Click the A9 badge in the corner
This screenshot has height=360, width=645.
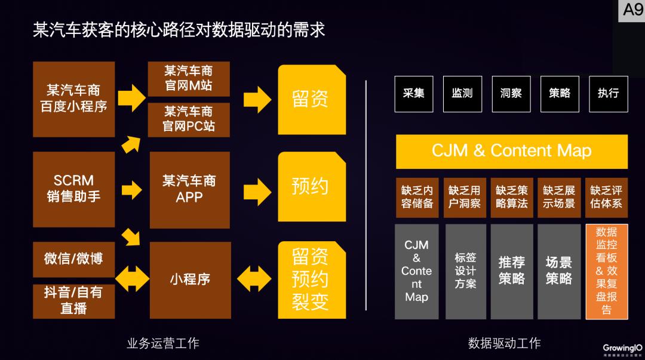pyautogui.click(x=632, y=10)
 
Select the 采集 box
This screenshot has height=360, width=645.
pyautogui.click(x=414, y=94)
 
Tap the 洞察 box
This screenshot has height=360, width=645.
pyautogui.click(x=511, y=94)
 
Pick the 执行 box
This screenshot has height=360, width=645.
pyautogui.click(x=608, y=94)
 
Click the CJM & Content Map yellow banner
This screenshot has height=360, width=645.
pyautogui.click(x=511, y=151)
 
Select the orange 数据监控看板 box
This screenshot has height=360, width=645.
pyautogui.click(x=607, y=271)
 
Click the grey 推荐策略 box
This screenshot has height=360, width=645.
pyautogui.click(x=511, y=271)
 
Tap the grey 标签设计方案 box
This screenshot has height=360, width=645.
pyautogui.click(x=465, y=271)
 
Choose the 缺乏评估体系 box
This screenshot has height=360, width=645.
pyautogui.click(x=606, y=197)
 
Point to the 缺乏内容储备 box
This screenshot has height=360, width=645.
pyautogui.click(x=417, y=197)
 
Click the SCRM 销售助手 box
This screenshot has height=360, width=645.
pyautogui.click(x=73, y=189)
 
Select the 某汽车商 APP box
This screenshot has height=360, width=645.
pyautogui.click(x=189, y=189)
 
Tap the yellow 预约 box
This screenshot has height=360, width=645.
pyautogui.click(x=311, y=186)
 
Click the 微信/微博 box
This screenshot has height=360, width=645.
pyautogui.click(x=73, y=259)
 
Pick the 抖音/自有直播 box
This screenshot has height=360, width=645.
pyautogui.click(x=73, y=300)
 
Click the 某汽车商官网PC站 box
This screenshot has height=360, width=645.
pyautogui.click(x=189, y=119)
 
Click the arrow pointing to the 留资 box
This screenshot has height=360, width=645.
pyautogui.click(x=257, y=99)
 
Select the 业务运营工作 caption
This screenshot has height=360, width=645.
pyautogui.click(x=163, y=343)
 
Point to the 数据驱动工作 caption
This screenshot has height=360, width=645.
pyautogui.click(x=505, y=343)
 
